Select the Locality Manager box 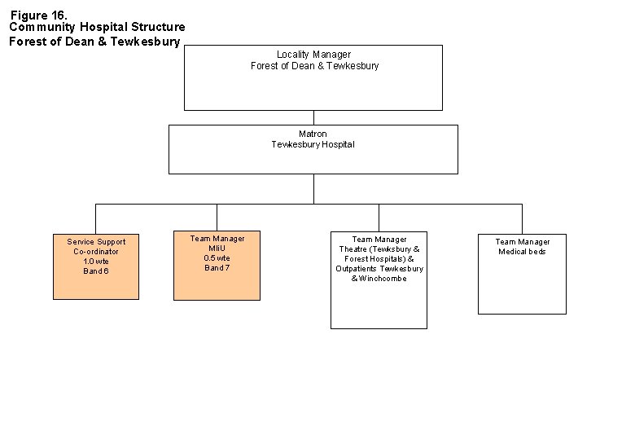313,86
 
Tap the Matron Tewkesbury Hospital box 313,159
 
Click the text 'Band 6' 96,271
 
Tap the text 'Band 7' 217,268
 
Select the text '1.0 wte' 96,262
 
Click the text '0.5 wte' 217,258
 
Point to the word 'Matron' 313,134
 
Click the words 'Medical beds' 522,252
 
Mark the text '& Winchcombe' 379,279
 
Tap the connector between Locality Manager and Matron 313,117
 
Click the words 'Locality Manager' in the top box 313,55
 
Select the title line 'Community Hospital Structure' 97,27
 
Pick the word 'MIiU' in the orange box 217,249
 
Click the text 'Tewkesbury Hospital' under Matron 313,144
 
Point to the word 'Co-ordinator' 96,252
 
